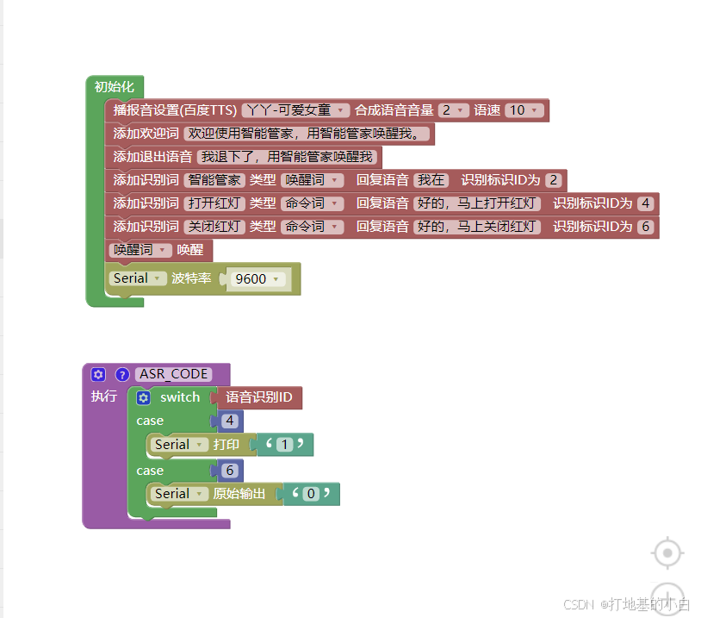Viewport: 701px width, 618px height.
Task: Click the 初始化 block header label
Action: coord(115,86)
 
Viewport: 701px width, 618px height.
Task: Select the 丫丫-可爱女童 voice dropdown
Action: coord(295,110)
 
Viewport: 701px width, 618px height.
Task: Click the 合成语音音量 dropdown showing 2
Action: coord(453,110)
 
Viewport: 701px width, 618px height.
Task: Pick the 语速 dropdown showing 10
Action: coord(524,110)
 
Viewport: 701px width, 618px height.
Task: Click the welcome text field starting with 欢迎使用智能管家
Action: coord(307,134)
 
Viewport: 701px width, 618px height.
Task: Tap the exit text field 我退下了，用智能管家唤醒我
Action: coord(288,157)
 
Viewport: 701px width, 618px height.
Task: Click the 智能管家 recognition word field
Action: coord(214,180)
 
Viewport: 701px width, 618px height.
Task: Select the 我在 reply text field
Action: coord(431,180)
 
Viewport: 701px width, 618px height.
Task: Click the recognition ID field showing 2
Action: coord(553,180)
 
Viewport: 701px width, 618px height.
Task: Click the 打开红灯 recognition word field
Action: coord(214,203)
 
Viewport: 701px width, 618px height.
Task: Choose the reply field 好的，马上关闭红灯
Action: coord(477,227)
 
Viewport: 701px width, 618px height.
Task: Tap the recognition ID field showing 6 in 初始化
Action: coord(645,227)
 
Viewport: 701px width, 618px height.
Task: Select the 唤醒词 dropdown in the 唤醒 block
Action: coord(140,250)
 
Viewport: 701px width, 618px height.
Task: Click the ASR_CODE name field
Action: coord(174,374)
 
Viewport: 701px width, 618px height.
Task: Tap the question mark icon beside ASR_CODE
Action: coord(122,375)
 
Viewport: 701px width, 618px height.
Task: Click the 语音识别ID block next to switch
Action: coord(258,397)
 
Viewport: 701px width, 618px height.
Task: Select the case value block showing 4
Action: coord(229,421)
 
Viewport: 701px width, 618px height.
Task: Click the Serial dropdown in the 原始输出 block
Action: coord(179,494)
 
